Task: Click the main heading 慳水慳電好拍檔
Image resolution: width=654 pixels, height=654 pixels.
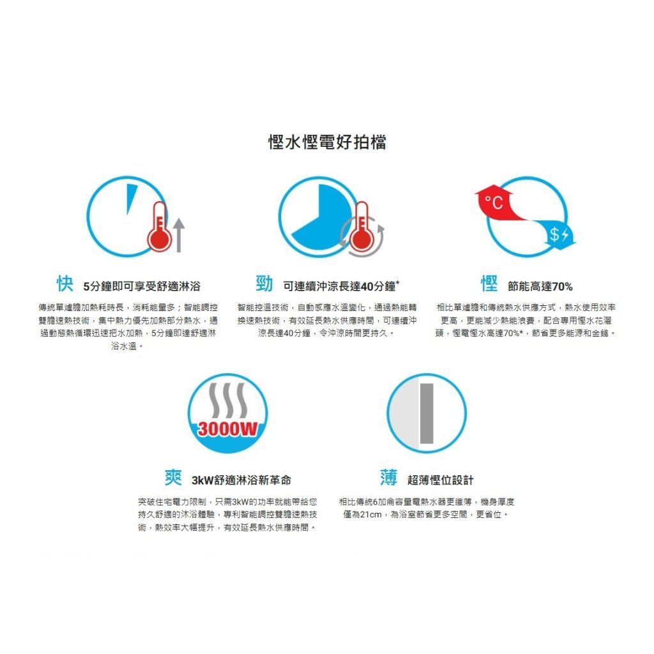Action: (328, 142)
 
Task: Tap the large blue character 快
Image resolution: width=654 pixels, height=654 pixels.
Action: (65, 284)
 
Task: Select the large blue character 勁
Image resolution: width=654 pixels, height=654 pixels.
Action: (264, 284)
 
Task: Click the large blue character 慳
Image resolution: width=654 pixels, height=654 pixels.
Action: (489, 284)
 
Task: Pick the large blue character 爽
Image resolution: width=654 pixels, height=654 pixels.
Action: (173, 478)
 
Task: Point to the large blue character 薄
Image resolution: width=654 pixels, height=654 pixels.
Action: (389, 478)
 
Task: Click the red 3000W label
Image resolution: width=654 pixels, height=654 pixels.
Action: (228, 429)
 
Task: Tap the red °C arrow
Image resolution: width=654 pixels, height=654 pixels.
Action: (498, 202)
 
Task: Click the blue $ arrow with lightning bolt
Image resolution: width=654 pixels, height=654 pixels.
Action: (557, 234)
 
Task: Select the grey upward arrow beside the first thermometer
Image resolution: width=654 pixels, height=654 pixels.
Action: (179, 235)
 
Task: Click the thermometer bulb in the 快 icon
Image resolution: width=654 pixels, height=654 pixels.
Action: (159, 240)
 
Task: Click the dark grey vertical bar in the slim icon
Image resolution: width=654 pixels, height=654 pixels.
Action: (427, 414)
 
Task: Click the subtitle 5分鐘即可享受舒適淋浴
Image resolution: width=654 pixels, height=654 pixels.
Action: (142, 286)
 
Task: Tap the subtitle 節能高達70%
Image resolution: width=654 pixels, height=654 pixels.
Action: (540, 286)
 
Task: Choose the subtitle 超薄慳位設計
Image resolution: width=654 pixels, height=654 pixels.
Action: (441, 480)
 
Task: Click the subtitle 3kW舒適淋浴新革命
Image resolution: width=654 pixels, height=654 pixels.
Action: (241, 480)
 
